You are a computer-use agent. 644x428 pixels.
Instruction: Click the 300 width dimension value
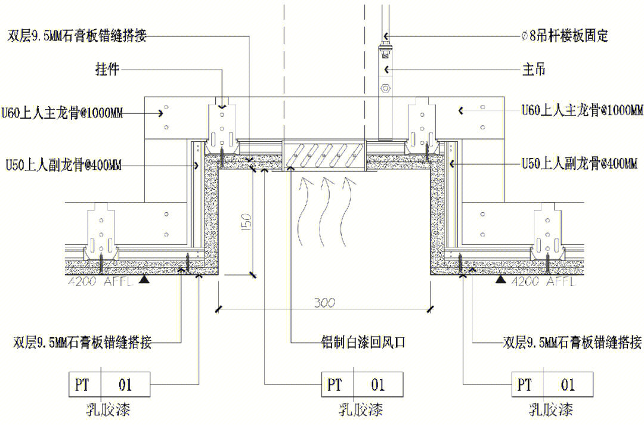[x=325, y=302]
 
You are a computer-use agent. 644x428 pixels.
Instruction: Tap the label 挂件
[x=107, y=70]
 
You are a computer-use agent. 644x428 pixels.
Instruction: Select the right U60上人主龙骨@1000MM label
[x=582, y=110]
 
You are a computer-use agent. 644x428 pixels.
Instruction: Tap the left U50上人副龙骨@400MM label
[x=63, y=165]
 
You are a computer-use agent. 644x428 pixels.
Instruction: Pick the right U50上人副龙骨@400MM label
[x=579, y=163]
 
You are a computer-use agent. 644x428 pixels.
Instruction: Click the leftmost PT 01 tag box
[x=109, y=384]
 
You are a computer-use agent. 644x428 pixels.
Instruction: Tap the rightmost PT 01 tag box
[x=552, y=384]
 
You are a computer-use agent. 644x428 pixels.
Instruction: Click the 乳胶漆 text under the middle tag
[x=360, y=410]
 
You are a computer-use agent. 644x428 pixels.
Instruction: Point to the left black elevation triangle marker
[x=144, y=278]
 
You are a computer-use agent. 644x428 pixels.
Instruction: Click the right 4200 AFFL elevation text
[x=543, y=281]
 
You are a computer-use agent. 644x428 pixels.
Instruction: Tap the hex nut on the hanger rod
[x=386, y=89]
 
